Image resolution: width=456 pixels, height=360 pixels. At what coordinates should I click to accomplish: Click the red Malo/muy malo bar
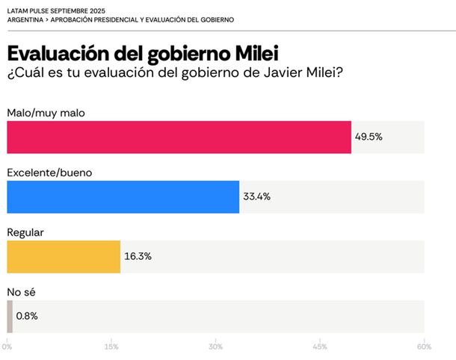pyautogui.click(x=179, y=137)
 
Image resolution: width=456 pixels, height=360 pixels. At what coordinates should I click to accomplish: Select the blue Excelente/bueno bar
pyautogui.click(x=123, y=197)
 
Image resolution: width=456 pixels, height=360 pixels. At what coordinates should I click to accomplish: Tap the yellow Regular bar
pyautogui.click(x=64, y=256)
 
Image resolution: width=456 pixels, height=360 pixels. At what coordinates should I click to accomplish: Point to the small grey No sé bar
pyautogui.click(x=10, y=316)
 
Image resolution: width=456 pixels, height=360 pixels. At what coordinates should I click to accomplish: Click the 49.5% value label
pyautogui.click(x=369, y=137)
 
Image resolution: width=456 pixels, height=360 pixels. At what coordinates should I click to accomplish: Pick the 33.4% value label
pyautogui.click(x=257, y=197)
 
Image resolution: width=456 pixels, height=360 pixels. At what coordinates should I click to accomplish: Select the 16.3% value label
pyautogui.click(x=138, y=256)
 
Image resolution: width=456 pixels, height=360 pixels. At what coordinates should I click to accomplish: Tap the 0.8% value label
pyautogui.click(x=27, y=316)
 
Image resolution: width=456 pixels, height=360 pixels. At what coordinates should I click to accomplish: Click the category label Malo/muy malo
pyautogui.click(x=46, y=113)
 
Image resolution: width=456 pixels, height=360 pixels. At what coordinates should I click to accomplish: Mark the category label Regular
pyautogui.click(x=25, y=232)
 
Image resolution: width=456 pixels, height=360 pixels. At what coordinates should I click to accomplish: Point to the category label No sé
pyautogui.click(x=21, y=291)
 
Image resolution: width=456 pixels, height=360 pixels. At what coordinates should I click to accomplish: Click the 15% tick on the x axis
pyautogui.click(x=111, y=347)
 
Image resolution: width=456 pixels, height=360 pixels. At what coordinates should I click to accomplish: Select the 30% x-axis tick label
pyautogui.click(x=215, y=347)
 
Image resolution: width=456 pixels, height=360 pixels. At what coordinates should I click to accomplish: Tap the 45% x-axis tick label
pyautogui.click(x=320, y=347)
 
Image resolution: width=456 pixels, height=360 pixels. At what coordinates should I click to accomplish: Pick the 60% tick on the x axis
pyautogui.click(x=424, y=347)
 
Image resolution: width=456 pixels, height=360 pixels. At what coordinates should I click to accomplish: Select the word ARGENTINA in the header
pyautogui.click(x=26, y=19)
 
